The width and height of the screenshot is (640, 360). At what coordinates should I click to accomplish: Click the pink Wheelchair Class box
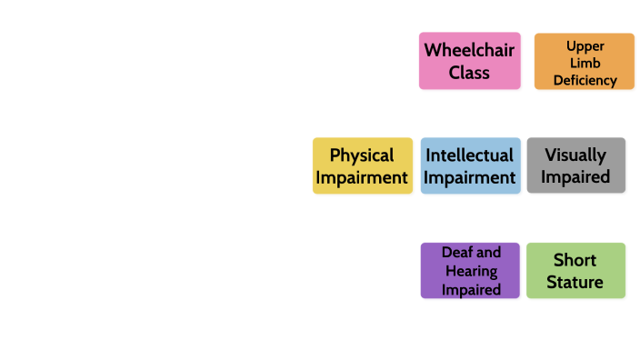(x=469, y=61)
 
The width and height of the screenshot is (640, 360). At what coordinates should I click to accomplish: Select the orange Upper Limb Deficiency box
(x=584, y=61)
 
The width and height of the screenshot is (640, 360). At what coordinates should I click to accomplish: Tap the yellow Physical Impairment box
(x=362, y=165)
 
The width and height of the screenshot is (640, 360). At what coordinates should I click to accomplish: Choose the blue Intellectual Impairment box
(x=470, y=165)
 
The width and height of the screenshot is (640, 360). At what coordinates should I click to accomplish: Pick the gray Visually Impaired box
(x=575, y=165)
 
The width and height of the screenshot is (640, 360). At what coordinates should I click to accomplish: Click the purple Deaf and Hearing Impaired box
(x=470, y=270)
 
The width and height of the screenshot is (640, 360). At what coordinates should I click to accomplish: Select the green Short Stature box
(x=575, y=270)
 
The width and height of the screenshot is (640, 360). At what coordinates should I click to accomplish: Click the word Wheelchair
(x=469, y=50)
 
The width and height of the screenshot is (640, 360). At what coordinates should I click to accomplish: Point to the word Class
(x=469, y=73)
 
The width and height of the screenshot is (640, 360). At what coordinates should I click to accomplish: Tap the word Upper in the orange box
(x=585, y=45)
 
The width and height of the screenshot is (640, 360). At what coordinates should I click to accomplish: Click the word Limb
(x=585, y=63)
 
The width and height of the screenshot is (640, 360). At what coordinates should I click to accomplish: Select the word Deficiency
(x=585, y=80)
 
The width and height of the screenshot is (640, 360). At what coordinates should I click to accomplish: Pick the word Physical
(x=362, y=155)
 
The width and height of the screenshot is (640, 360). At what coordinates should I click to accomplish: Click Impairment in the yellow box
(x=362, y=177)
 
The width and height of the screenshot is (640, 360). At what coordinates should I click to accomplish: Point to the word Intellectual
(x=470, y=155)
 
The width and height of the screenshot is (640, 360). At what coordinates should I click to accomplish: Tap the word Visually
(x=575, y=155)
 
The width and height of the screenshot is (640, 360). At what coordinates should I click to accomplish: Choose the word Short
(x=575, y=260)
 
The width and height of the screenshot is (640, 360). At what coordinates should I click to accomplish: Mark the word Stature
(x=575, y=282)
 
